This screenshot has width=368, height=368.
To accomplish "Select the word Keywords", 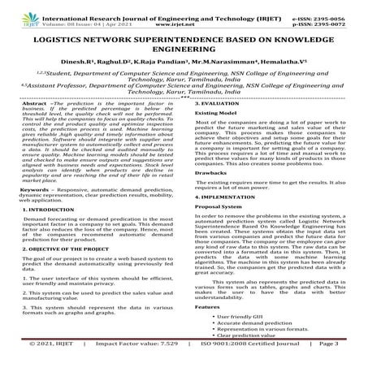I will (36, 211).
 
